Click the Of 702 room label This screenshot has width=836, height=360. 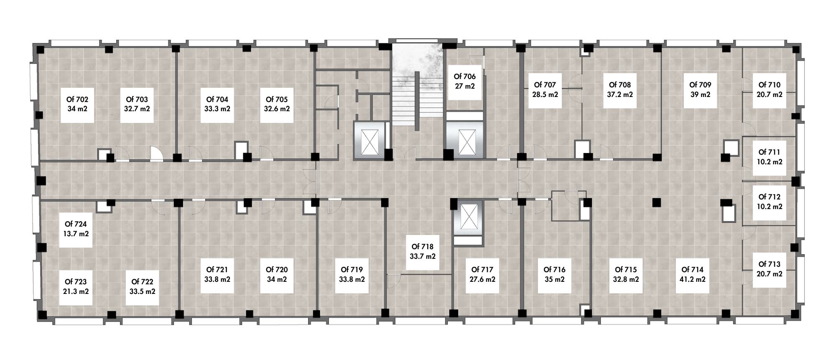point(77,100)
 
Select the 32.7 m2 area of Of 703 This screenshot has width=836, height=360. point(137,109)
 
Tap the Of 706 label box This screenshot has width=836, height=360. point(465,82)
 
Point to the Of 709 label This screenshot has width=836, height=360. point(700,85)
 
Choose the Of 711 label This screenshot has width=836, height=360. point(770,153)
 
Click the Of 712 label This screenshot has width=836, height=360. point(770,197)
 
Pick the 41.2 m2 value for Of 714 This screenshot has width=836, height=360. point(693,279)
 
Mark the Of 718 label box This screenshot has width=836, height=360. point(423,252)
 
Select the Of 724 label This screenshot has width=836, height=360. point(76,225)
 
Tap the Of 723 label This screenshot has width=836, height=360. point(76,282)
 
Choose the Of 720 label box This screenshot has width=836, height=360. point(277,275)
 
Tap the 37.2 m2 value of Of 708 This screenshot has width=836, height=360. point(620,94)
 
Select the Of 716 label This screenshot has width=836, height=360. point(554,270)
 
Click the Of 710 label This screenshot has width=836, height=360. point(770,85)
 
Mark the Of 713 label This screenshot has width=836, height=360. point(770,264)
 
